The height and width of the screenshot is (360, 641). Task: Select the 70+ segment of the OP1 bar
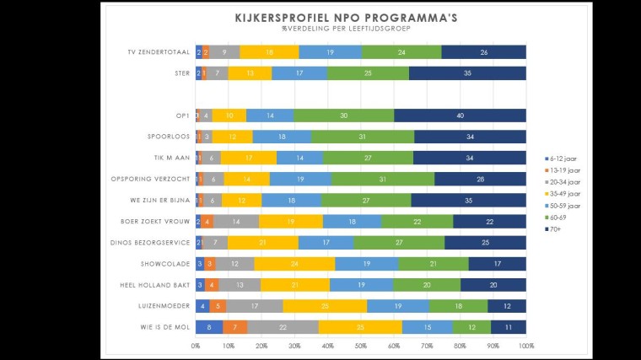[x=460, y=116]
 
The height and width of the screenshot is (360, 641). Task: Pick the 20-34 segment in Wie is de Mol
[x=283, y=327]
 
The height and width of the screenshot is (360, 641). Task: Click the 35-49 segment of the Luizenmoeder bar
[x=325, y=306]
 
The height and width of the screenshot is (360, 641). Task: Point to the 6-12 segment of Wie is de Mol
[x=209, y=327]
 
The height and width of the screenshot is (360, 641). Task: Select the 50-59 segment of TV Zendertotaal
[x=330, y=52]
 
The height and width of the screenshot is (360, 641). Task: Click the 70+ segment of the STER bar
[x=468, y=73]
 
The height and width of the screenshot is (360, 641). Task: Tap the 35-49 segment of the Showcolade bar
[x=294, y=264]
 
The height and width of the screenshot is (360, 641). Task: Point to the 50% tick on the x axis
[x=361, y=345]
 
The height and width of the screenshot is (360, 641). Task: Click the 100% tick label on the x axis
[x=525, y=345]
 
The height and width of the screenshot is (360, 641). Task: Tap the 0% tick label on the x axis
[x=196, y=345]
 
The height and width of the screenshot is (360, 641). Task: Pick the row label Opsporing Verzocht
[x=148, y=179]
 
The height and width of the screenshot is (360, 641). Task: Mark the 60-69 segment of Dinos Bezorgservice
[x=399, y=243]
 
